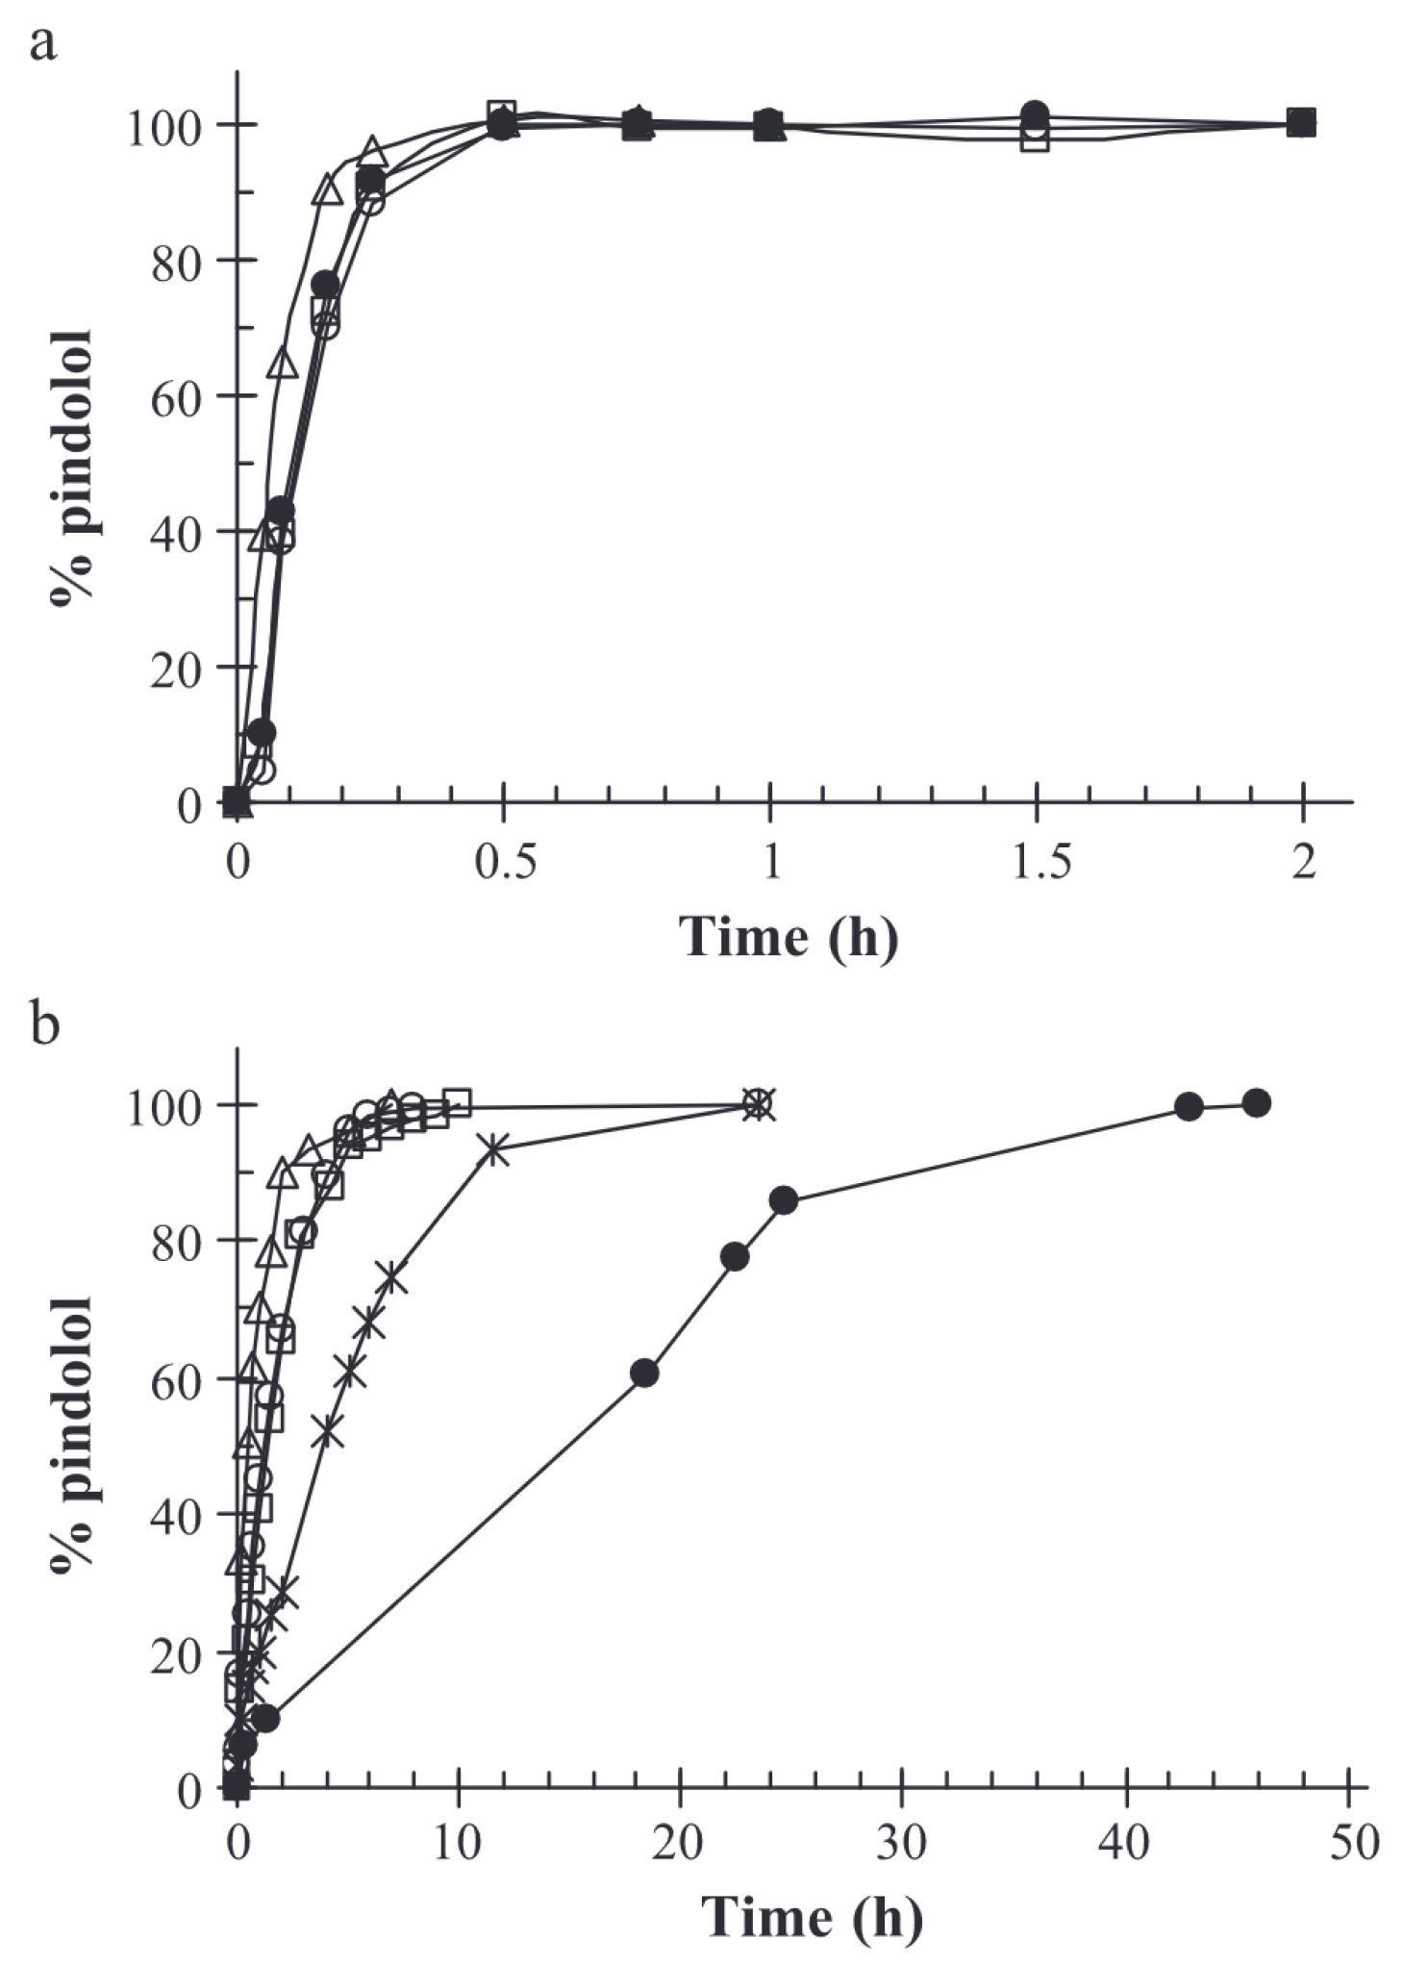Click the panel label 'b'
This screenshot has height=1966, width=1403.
pos(45,1026)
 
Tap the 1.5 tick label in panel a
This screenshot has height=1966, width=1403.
pos(1037,864)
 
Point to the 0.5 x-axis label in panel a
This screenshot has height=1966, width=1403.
pos(503,864)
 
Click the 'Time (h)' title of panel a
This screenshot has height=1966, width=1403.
pos(789,935)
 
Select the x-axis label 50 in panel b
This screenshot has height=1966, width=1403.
pos(1349,1843)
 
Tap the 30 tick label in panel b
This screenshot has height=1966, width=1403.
pos(902,1843)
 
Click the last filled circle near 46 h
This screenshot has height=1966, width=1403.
pos(1256,1103)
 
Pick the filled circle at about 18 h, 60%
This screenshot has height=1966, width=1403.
pos(644,1374)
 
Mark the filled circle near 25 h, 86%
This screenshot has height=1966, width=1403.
pos(784,1200)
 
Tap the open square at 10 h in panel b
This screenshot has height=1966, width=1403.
pos(459,1102)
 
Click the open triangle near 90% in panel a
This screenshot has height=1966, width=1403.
pos(328,189)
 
